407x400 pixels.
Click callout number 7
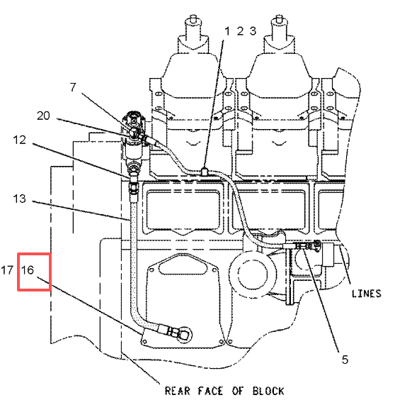click(73, 87)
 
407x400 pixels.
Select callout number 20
click(43, 116)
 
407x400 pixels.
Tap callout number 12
click(20, 140)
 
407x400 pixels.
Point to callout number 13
click(20, 199)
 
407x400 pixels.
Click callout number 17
click(7, 270)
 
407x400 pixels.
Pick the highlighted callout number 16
click(28, 270)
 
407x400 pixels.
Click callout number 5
click(345, 360)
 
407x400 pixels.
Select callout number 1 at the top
click(227, 31)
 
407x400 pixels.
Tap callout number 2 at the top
click(240, 31)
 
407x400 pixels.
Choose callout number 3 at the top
click(253, 31)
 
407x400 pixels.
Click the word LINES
click(367, 294)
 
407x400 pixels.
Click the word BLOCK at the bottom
click(269, 391)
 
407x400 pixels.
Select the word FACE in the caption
click(210, 391)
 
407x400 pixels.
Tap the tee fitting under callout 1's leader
click(205, 172)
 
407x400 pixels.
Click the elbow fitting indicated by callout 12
click(133, 177)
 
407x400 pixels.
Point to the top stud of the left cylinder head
click(193, 18)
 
